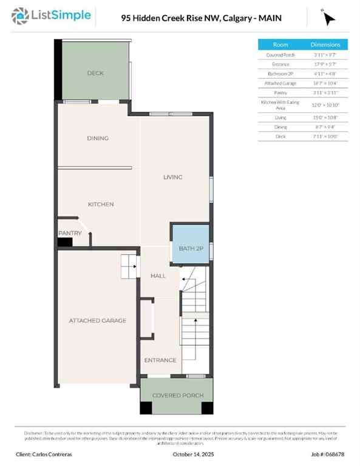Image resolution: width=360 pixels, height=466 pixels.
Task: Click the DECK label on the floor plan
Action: click(95, 73)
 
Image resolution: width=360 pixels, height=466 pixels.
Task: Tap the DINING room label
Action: click(98, 138)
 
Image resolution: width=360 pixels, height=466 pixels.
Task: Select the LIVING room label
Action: click(173, 177)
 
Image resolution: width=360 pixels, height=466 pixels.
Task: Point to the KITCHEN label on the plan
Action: click(101, 204)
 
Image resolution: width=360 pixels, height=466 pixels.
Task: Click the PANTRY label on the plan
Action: click(70, 233)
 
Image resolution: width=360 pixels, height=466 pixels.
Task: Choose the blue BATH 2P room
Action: click(191, 248)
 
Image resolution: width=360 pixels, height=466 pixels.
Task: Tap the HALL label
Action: click(158, 276)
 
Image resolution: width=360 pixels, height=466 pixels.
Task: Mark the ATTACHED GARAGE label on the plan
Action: click(97, 320)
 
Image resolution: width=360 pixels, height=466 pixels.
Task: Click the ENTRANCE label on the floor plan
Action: click(160, 360)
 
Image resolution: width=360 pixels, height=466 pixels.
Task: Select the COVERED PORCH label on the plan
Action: click(178, 396)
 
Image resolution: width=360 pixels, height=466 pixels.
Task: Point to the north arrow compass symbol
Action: click(328, 18)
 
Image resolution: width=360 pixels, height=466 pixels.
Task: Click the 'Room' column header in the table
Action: click(280, 45)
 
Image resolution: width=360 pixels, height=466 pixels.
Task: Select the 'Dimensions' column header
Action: click(329, 45)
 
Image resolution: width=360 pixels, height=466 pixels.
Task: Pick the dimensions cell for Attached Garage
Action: click(329, 83)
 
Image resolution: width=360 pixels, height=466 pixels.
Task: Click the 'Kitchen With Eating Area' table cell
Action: click(280, 104)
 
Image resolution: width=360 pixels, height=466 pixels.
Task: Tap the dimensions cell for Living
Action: click(329, 118)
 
